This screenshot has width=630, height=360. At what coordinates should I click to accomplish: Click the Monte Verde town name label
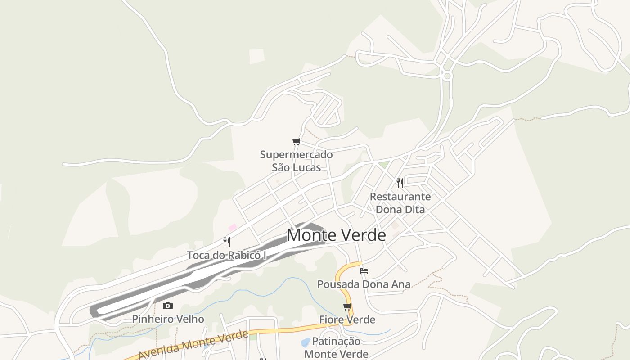[336, 235]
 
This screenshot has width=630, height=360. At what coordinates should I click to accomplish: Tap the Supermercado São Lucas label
[296, 161]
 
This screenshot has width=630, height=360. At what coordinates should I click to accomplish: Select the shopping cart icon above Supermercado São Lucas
[296, 142]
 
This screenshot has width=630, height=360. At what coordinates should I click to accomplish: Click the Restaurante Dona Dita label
[400, 203]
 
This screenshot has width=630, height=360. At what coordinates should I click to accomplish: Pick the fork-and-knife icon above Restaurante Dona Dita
[400, 183]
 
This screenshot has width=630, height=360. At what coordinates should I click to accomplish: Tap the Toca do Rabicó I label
[227, 255]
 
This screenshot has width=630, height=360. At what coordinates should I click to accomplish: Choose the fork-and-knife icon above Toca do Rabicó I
[227, 242]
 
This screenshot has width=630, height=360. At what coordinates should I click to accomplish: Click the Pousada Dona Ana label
[364, 284]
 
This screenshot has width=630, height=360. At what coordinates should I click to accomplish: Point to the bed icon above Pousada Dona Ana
[364, 271]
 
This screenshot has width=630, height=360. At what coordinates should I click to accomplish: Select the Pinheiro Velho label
[168, 319]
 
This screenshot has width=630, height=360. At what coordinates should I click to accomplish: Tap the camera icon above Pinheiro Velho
[168, 306]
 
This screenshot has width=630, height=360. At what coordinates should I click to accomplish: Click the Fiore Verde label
[347, 319]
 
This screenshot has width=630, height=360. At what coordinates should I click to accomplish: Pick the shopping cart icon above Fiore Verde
[347, 307]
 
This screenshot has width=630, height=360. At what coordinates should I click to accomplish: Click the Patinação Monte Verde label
[336, 347]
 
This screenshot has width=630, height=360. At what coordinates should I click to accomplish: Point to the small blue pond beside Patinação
[305, 342]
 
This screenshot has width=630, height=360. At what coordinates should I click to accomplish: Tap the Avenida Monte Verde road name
[193, 345]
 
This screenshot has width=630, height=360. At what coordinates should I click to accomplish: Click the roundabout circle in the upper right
[447, 76]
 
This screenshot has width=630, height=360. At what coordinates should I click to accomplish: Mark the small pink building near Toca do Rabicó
[233, 228]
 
